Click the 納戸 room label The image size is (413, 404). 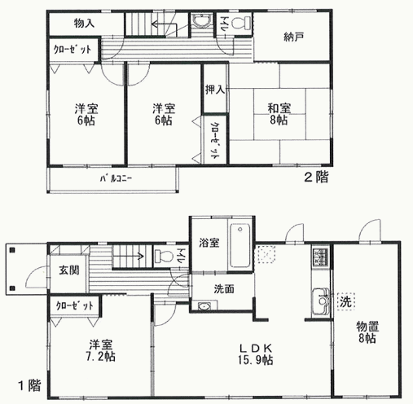(x=293, y=37)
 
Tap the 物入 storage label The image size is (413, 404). (x=84, y=24)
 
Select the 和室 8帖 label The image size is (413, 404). (x=279, y=114)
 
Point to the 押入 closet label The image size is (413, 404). (x=215, y=90)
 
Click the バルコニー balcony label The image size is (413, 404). (x=116, y=178)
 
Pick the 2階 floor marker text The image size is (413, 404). (x=316, y=177)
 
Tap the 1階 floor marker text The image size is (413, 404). (x=30, y=385)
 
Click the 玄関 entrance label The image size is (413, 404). (x=69, y=270)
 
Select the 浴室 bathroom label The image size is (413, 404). (x=209, y=243)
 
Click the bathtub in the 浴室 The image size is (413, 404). (x=240, y=247)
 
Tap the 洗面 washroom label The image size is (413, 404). (x=224, y=289)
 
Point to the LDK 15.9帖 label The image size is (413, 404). (x=256, y=354)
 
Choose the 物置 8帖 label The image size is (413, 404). (x=367, y=332)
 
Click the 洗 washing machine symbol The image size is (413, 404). (x=346, y=301)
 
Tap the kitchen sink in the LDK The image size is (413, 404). (x=321, y=301)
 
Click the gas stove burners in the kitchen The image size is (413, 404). (x=321, y=257)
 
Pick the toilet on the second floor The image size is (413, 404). (x=243, y=23)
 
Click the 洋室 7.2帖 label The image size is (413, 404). (x=101, y=350)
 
